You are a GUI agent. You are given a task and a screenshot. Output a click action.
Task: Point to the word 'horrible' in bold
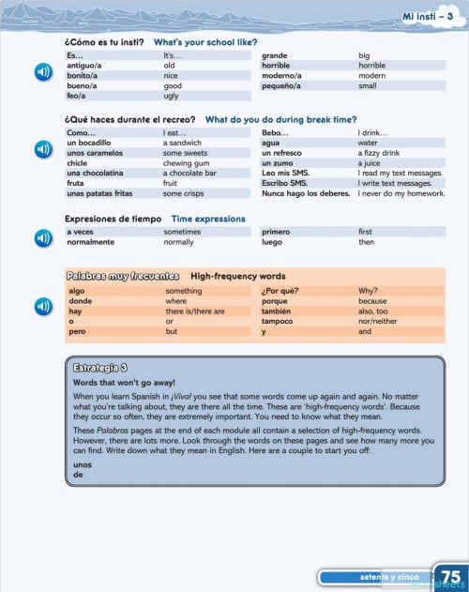(x=276, y=66)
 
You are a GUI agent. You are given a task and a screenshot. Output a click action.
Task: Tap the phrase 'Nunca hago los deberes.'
(x=306, y=194)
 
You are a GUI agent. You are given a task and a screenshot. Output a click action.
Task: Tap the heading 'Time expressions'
(x=208, y=219)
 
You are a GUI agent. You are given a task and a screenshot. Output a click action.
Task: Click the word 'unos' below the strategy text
(x=82, y=465)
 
